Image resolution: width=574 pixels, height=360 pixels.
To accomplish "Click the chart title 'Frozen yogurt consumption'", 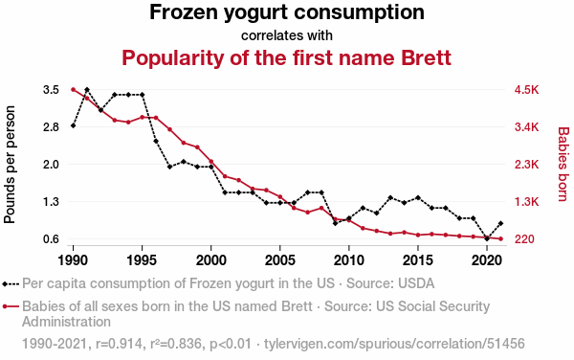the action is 287,12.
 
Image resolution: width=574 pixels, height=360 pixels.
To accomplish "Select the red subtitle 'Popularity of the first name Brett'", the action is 286,57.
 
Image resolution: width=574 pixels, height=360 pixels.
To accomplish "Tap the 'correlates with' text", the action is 287,35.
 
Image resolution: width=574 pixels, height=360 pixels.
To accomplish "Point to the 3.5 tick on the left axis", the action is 52,90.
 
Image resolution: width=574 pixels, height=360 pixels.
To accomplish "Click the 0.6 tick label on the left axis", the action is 52,239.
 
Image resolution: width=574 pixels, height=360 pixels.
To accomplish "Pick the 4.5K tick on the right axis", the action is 526,90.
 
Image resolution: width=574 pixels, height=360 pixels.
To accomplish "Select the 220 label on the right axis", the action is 524,239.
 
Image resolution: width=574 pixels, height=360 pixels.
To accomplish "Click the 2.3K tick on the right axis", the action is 526,165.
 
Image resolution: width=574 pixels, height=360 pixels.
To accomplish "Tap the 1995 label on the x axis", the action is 142,260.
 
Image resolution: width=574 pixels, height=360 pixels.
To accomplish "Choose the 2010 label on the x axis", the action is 349,260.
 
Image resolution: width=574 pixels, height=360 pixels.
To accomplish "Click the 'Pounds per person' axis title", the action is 10,165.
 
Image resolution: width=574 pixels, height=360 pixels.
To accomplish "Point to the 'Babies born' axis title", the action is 563,164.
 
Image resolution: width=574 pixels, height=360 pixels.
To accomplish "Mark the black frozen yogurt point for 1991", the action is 87,90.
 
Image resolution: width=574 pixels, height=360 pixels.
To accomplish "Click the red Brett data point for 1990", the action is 74,90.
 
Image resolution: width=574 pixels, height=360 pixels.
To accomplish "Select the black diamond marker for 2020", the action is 487,238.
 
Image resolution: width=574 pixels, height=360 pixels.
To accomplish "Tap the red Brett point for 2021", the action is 500,238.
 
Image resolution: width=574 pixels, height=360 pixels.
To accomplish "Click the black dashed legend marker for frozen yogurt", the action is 11,283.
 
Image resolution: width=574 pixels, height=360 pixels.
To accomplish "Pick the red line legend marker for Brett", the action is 11,306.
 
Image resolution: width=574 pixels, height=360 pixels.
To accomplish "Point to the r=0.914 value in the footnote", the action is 119,344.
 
